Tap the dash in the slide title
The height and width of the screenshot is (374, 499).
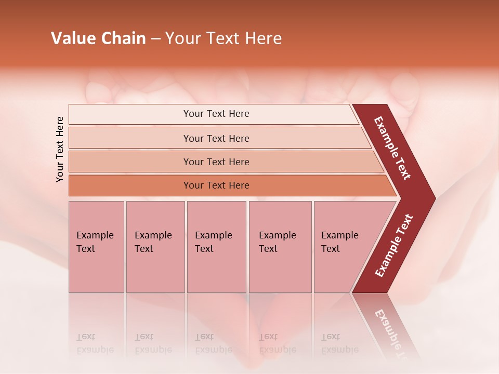[155, 39]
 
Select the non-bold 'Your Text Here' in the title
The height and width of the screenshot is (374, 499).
[224, 38]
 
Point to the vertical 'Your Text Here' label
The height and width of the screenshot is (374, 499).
[60, 149]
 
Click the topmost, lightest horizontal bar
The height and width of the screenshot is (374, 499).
[216, 114]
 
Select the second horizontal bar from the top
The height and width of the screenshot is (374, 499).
[216, 138]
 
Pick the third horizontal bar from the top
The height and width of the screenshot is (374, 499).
[216, 162]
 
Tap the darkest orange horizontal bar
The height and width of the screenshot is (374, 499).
[216, 185]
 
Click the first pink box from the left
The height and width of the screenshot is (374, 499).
[96, 247]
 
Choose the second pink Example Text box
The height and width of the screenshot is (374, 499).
[155, 247]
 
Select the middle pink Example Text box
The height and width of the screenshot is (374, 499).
[216, 247]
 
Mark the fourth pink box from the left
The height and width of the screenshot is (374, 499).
[280, 247]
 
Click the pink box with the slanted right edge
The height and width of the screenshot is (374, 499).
[343, 247]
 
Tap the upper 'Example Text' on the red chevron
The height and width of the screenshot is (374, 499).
[392, 148]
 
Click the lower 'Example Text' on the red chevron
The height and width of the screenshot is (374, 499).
[394, 246]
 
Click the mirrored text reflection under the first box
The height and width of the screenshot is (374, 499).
[95, 343]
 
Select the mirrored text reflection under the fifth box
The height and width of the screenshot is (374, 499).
[339, 343]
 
